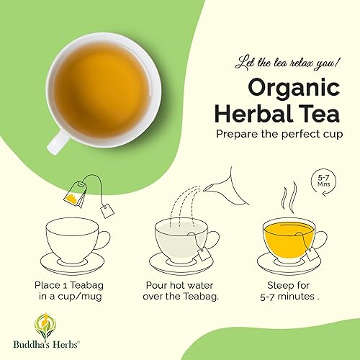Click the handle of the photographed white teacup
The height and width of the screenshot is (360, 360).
pyautogui.click(x=56, y=140)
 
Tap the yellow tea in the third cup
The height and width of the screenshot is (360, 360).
pyautogui.click(x=287, y=233)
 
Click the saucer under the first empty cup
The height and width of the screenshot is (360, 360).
pyautogui.click(x=72, y=260)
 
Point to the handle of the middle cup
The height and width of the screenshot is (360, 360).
pyautogui.click(x=213, y=238)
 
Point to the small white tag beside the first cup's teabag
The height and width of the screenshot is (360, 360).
pyautogui.click(x=107, y=211)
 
